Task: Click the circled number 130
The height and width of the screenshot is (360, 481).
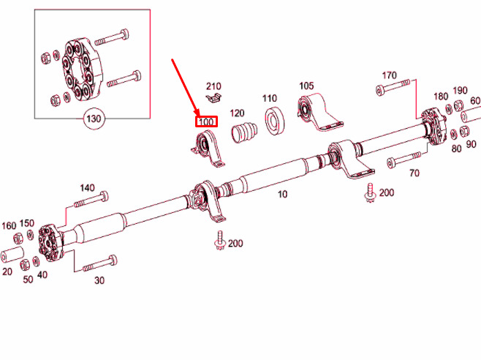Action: click(94, 118)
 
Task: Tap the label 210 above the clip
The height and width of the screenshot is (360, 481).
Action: click(213, 86)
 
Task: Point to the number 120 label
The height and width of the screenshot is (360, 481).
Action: click(238, 113)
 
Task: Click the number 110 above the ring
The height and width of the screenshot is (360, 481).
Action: click(270, 98)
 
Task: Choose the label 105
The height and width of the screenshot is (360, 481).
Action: click(306, 87)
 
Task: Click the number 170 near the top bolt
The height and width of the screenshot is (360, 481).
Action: click(389, 75)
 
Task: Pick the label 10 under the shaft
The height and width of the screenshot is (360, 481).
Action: click(282, 194)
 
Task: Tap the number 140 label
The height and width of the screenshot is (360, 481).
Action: click(87, 188)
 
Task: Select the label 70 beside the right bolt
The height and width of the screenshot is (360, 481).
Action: click(414, 173)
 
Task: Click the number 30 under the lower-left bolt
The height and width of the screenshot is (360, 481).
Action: click(99, 280)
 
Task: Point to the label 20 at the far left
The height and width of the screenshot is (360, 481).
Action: click(7, 271)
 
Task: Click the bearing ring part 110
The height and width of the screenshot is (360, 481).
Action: click(275, 121)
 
